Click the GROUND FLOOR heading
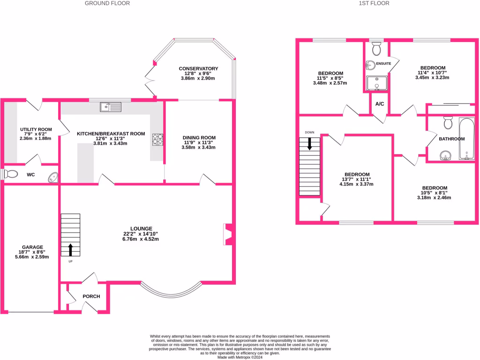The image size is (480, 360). pos(107,3)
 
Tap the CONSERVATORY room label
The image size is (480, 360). pos(198,69)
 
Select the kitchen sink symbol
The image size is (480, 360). pos(111,107)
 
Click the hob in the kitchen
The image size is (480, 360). pos(157,139)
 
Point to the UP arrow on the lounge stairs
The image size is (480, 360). pos(71,249)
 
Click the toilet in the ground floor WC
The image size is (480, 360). pos(10,174)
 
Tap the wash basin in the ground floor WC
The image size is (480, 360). pos(53,177)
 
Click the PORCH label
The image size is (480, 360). pos(91,297)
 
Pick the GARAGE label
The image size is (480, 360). pos(32,247)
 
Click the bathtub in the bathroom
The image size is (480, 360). pos(467,139)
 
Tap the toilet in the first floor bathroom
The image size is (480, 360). pos(448,123)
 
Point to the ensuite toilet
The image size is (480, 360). pos(376,49)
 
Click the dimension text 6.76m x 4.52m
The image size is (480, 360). pos(145,239)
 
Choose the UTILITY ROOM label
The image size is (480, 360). pos(36,129)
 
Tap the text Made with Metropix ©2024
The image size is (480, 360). pos(240,357)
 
